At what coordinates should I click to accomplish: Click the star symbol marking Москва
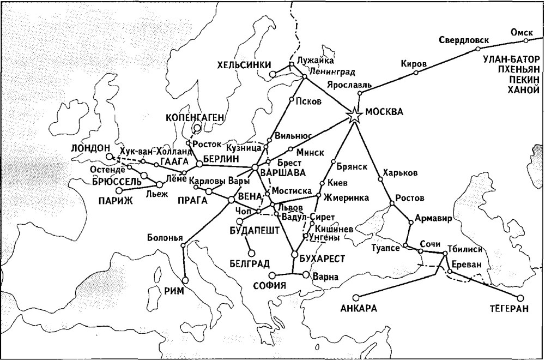pyautogui.click(x=355, y=115)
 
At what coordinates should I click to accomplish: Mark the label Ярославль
pyautogui.click(x=349, y=85)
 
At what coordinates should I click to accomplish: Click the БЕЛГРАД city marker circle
pyautogui.click(x=251, y=253)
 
